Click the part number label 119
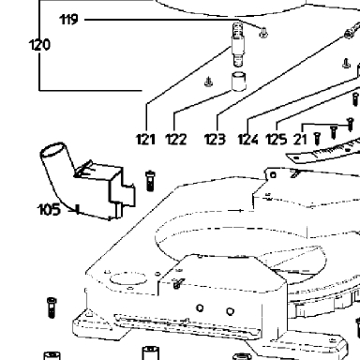[x=68, y=20]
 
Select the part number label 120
[x=39, y=45]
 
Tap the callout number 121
[x=145, y=139]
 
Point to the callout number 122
[x=176, y=139]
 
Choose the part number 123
[x=215, y=139]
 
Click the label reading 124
[x=248, y=139]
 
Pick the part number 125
[x=277, y=139]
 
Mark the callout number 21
[x=300, y=139]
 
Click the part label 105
[x=49, y=209]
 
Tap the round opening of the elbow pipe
[x=53, y=150]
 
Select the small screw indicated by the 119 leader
[x=263, y=32]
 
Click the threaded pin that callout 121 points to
[x=238, y=44]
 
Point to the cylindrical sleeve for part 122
[x=238, y=82]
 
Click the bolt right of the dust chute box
[x=150, y=181]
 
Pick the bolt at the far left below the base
[x=52, y=307]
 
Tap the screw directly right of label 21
[x=317, y=139]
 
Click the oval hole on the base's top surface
[x=128, y=278]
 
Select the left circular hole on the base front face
[x=200, y=308]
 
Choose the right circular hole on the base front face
[x=230, y=311]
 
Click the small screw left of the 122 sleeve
[x=209, y=82]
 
